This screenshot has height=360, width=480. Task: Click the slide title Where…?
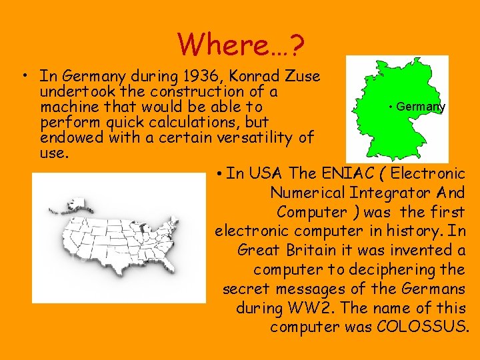[x=241, y=45]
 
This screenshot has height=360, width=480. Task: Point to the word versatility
[x=255, y=138]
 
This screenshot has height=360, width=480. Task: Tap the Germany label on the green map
[x=419, y=107]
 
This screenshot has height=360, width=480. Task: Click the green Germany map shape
[x=393, y=127]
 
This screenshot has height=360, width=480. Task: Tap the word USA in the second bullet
[x=265, y=174]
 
